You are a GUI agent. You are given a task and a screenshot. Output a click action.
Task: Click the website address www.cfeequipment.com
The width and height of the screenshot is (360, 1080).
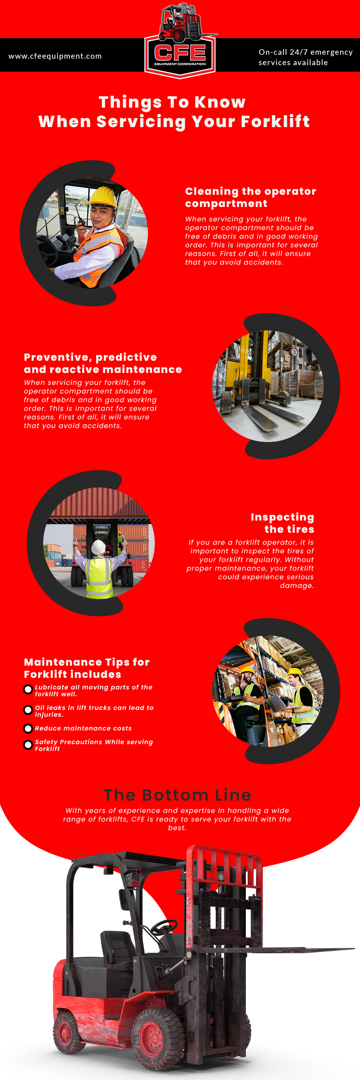[x=55, y=56]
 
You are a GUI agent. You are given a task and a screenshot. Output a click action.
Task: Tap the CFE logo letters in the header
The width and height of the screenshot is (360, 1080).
[x=180, y=53]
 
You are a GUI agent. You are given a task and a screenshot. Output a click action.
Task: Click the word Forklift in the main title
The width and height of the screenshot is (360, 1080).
[x=275, y=122]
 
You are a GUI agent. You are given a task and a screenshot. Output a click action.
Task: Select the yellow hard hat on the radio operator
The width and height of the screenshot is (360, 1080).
[x=102, y=196]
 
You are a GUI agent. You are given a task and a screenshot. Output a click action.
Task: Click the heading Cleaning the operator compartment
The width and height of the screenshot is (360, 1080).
[x=250, y=197]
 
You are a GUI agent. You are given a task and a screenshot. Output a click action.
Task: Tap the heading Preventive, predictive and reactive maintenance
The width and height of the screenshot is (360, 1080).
[x=103, y=363]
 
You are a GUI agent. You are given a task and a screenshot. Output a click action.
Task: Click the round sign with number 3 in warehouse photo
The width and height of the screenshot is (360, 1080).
[x=294, y=352]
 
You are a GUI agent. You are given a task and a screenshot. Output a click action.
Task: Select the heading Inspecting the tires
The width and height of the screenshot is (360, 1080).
[x=283, y=523]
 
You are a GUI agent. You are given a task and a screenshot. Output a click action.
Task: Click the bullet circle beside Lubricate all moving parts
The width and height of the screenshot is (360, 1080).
[x=28, y=689]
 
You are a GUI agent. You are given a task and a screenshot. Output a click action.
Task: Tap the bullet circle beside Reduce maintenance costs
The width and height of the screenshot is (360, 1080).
[x=28, y=728]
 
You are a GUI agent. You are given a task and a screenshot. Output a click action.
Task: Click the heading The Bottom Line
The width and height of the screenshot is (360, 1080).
[x=177, y=795]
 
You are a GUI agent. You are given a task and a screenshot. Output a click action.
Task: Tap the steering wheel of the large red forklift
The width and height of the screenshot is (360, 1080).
[x=164, y=926]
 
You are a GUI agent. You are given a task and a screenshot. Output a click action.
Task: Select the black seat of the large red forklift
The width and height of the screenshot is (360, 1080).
[x=117, y=948]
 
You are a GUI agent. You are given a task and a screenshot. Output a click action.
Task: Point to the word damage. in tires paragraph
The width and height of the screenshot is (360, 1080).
[x=296, y=585]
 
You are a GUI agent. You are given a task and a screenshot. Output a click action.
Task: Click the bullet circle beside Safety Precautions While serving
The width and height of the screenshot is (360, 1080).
[x=28, y=744]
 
